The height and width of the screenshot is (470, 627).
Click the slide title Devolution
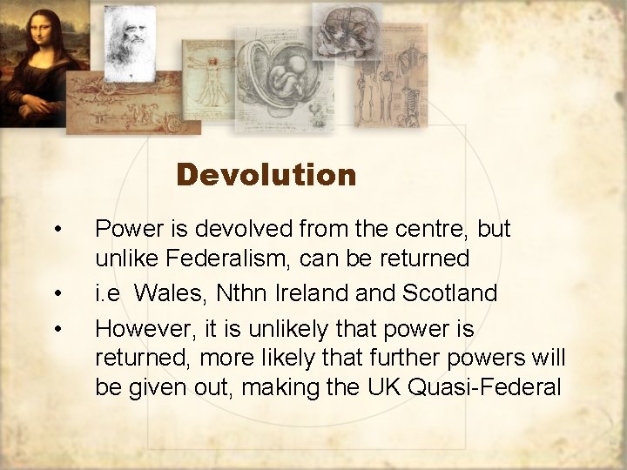(266, 175)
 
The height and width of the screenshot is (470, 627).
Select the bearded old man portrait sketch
(131, 39)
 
